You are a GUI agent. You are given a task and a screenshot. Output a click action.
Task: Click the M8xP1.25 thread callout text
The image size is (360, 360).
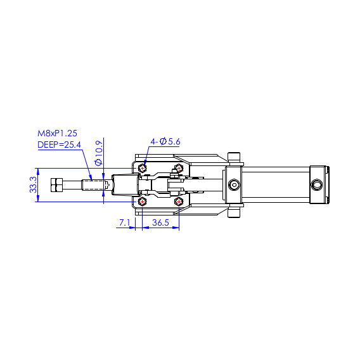[57, 133]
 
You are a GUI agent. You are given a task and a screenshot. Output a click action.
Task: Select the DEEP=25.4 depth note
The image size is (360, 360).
[59, 145]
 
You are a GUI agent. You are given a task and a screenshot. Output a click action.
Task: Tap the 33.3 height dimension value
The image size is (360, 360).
[33, 185]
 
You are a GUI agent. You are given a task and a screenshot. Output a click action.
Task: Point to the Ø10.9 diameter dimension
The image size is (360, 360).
[98, 153]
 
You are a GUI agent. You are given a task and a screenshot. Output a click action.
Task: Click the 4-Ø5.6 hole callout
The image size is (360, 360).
[165, 141]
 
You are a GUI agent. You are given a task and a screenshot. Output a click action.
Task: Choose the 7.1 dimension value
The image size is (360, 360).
[124, 222]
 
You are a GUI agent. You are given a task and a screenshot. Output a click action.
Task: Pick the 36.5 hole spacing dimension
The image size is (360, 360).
[160, 222]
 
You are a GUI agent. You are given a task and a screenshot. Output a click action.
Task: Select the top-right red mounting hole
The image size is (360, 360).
[179, 169]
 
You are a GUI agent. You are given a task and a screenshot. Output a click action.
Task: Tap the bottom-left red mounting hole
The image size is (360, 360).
[142, 202]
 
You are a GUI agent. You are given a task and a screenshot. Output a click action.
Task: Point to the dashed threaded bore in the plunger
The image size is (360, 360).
[94, 185]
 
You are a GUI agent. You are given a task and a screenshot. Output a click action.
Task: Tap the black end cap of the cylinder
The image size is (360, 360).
[319, 185]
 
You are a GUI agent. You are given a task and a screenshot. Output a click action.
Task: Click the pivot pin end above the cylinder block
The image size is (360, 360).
[234, 158]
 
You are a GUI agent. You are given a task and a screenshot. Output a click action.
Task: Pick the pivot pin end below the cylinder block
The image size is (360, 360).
[234, 212]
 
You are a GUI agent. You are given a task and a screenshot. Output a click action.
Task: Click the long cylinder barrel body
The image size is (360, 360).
[276, 185]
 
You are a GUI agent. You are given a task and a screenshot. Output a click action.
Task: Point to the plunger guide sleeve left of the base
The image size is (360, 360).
[125, 185]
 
